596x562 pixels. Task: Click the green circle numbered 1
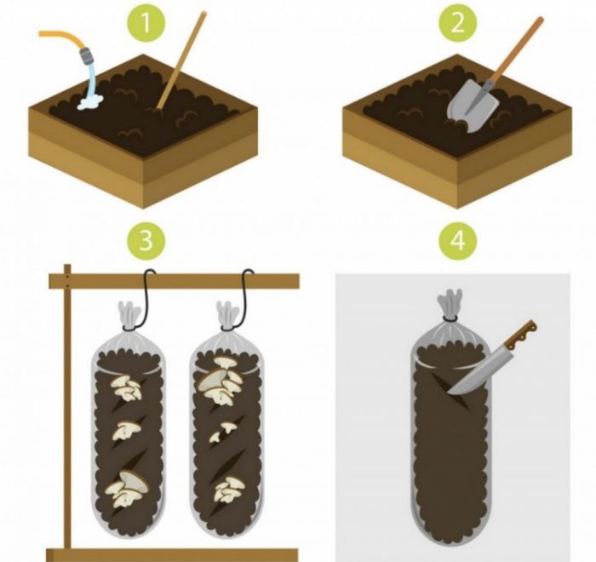(x=146, y=24)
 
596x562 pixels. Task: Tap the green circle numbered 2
(x=458, y=24)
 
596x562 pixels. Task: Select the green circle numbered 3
(x=146, y=240)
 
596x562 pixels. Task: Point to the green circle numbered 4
(x=458, y=240)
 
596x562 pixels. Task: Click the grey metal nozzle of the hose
(x=87, y=57)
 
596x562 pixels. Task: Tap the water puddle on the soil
(x=90, y=101)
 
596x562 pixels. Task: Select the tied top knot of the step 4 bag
(x=450, y=303)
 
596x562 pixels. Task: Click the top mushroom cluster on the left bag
(x=126, y=387)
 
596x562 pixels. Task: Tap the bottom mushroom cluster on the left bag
(x=126, y=490)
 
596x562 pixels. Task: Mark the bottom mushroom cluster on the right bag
(x=229, y=490)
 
